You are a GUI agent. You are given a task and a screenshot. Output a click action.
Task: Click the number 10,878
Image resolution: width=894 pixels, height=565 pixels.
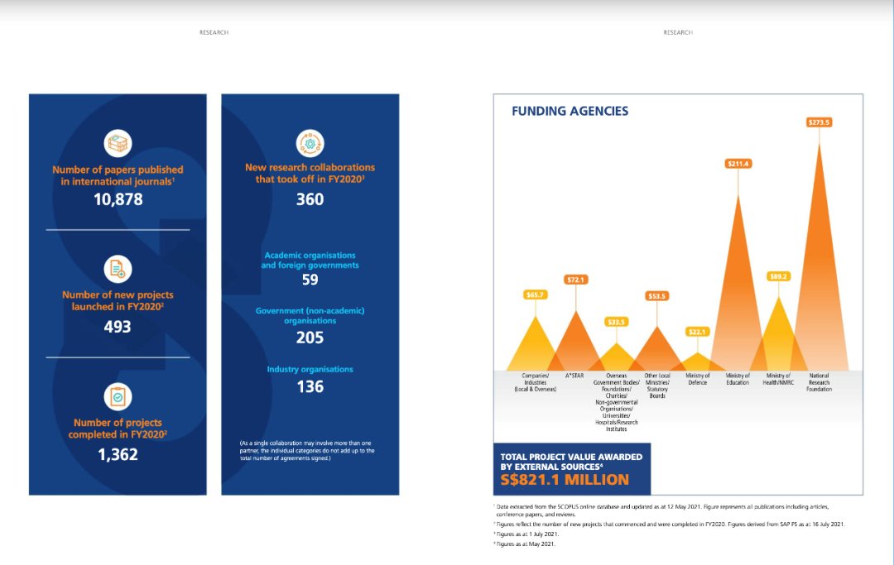[x=118, y=199]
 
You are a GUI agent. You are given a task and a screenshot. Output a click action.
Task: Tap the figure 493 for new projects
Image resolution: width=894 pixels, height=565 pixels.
[x=118, y=326]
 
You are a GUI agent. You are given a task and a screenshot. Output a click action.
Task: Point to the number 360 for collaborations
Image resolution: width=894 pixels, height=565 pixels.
[x=310, y=199]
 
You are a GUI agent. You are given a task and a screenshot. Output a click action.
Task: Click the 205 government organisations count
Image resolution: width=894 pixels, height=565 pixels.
[x=310, y=337]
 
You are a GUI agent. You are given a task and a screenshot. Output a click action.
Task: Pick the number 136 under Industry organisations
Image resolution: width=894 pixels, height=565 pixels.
[x=310, y=386]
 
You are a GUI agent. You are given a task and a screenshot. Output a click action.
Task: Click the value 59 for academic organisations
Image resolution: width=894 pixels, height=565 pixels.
[x=310, y=280]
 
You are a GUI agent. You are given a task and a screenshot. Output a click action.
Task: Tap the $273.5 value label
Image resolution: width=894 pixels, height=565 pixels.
[x=819, y=122]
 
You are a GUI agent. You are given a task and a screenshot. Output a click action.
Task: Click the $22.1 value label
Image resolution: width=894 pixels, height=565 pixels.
[x=698, y=332]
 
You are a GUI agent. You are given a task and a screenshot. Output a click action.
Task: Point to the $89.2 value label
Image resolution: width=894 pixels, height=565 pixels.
[x=778, y=276]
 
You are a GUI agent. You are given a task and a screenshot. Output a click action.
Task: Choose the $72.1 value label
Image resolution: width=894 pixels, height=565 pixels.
[x=575, y=280]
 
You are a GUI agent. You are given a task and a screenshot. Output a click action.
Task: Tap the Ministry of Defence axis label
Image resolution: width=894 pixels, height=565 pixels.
[x=698, y=379]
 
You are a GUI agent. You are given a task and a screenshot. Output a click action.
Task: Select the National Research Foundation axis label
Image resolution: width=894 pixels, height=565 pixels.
[x=819, y=382]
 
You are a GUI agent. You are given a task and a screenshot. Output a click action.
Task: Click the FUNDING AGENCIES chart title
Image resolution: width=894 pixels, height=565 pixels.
[x=570, y=111]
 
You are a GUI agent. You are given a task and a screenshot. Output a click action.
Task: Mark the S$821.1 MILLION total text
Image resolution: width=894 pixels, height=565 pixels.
[x=565, y=480]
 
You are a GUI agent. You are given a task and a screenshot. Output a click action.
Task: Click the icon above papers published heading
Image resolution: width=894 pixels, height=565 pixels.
[x=118, y=142]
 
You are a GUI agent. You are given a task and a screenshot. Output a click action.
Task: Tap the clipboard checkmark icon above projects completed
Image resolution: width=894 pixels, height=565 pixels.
[x=118, y=397]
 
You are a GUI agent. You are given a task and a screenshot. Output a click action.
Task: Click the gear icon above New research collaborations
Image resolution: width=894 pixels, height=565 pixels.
[x=310, y=142]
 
